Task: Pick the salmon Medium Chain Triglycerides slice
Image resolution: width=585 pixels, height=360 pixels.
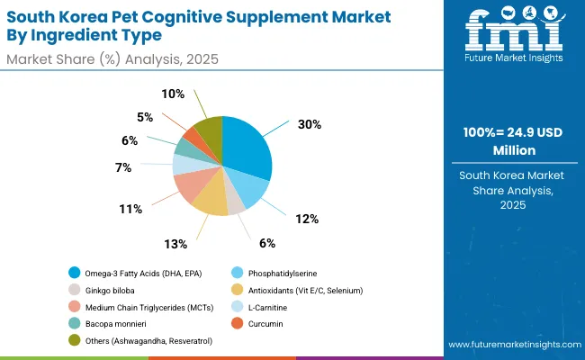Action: point(191,184)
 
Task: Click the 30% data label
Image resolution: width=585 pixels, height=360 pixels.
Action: point(309,125)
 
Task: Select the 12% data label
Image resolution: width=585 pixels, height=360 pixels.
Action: point(306,219)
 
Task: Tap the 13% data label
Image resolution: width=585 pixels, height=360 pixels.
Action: point(175,243)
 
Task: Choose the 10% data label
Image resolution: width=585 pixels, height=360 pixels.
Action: point(173,94)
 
